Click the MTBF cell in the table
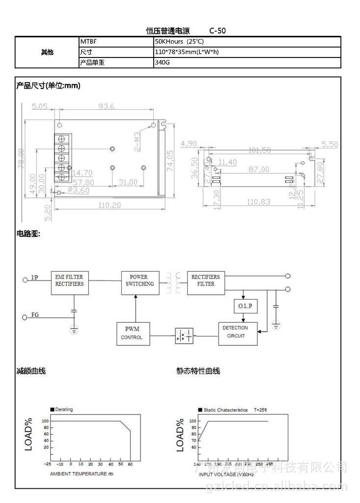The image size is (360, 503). coord(116,42)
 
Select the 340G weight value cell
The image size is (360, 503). coord(247,62)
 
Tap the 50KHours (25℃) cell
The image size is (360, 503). coord(247,42)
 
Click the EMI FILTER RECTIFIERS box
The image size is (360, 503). coord(70,283)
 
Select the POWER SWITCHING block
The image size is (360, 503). coord(140,283)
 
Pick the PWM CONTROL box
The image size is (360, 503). coord(133,334)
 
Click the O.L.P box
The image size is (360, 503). coord(245,306)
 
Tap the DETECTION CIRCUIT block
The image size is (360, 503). coord(238,334)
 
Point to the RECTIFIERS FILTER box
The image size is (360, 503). coord(206,283)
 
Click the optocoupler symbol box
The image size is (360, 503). coord(184,336)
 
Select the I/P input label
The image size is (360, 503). coord(34,278)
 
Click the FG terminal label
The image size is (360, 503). coord(35,314)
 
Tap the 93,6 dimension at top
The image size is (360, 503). coord(106,106)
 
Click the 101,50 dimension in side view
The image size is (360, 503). coord(259,150)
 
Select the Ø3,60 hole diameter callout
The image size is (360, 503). coord(78,191)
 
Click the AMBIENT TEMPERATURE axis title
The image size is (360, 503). coord(82,474)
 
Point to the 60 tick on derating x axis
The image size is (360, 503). coord(130,464)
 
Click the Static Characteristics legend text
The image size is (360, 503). coord(225,410)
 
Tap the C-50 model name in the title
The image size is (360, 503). coord(218,30)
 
